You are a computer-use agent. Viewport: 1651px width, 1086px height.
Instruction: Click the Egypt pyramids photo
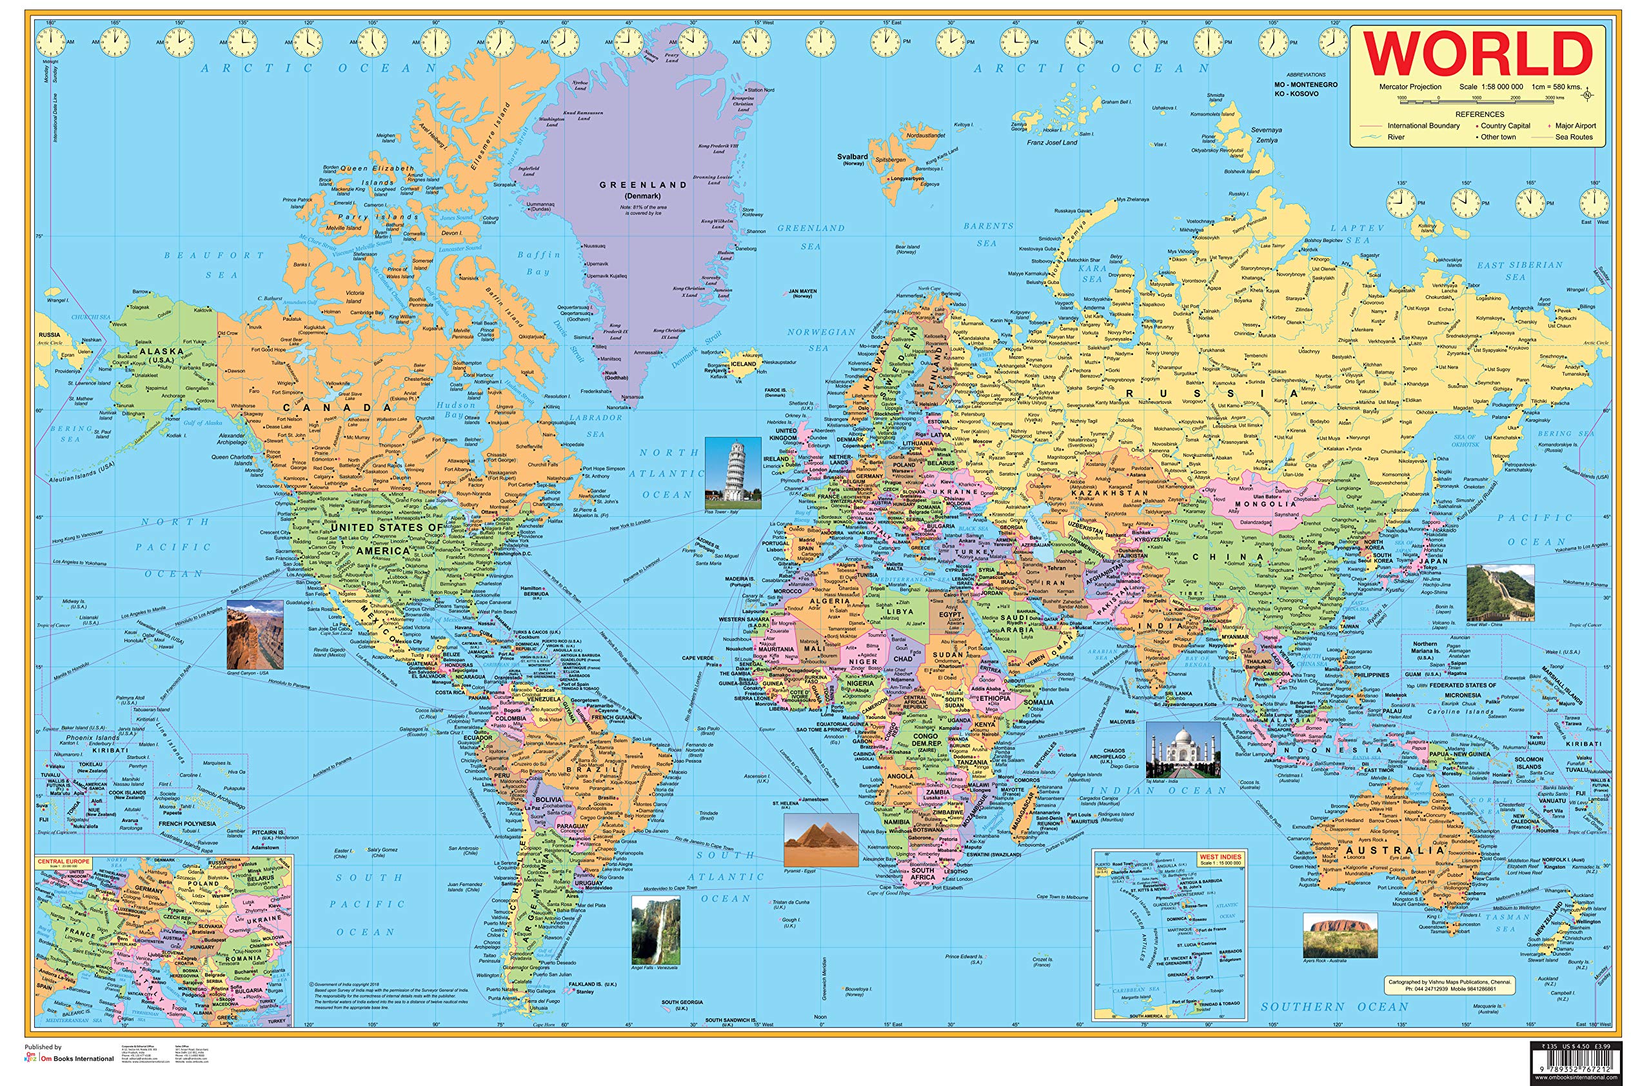[820, 840]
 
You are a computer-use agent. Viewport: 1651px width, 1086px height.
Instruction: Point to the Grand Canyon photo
[255, 634]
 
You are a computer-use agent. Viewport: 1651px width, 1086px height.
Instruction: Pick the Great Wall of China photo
[1500, 592]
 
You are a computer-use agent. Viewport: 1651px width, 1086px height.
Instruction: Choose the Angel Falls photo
[655, 930]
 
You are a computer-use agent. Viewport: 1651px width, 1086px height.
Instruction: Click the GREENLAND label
[642, 185]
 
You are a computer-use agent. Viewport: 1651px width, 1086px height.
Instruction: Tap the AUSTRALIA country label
[1394, 850]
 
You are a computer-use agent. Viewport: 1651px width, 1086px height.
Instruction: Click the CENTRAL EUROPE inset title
[64, 861]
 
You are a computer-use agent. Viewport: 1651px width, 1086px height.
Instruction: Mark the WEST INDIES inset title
[1220, 857]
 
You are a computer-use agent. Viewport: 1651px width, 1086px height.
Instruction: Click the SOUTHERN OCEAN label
[1334, 1006]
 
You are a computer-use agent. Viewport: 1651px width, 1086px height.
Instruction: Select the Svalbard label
[852, 157]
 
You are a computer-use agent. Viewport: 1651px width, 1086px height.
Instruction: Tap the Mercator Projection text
[1410, 86]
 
